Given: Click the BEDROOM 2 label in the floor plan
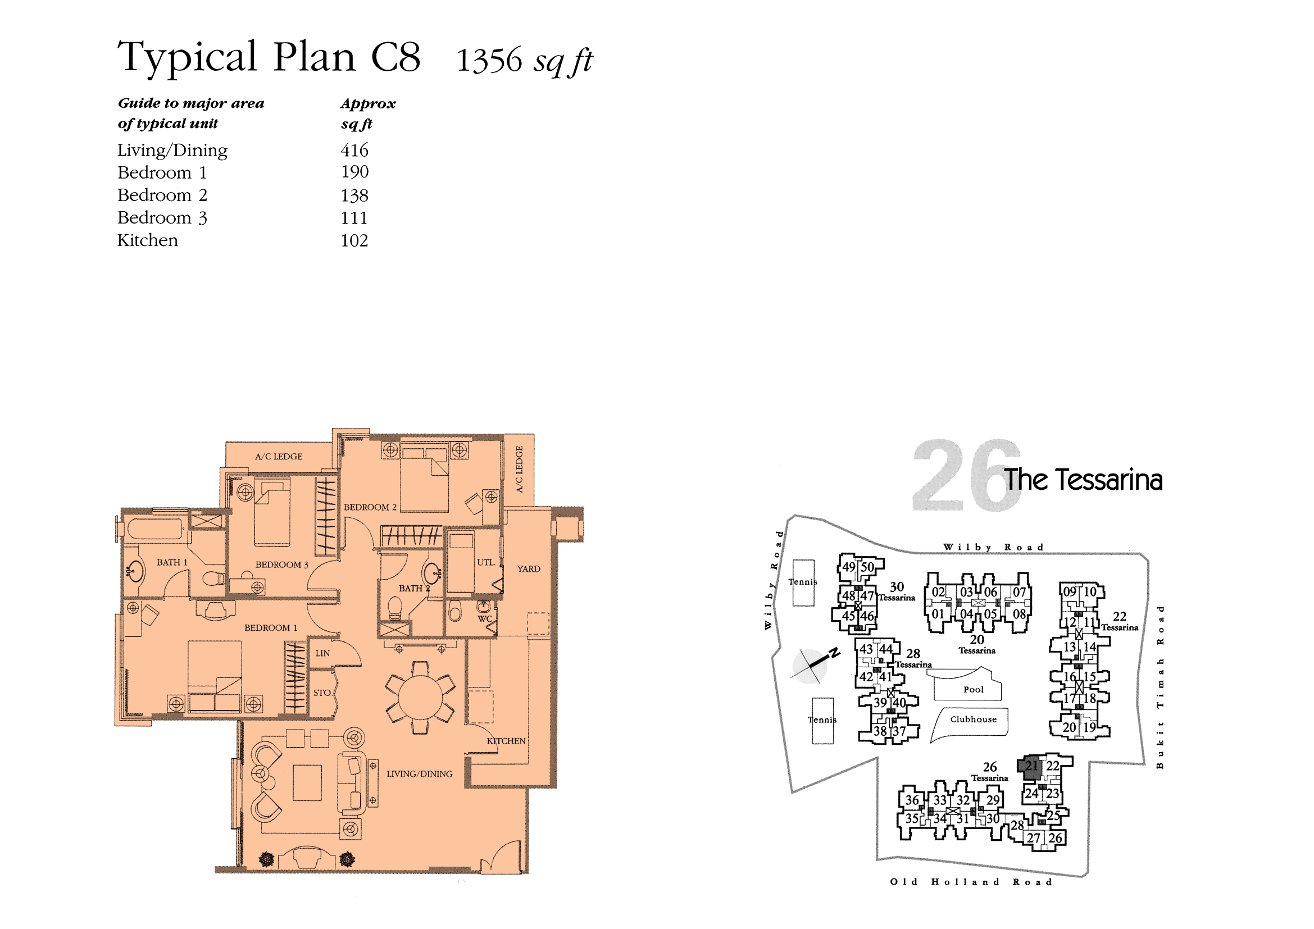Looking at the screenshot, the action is tap(370, 507).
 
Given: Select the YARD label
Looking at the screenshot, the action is tap(528, 568).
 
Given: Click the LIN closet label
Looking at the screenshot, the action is tap(322, 653).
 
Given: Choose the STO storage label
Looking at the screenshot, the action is tap(322, 693).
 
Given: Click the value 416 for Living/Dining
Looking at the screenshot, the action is tap(354, 150).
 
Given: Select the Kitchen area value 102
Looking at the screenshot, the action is tap(354, 240).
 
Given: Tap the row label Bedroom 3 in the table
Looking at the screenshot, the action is tap(162, 218).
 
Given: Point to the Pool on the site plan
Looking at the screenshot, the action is tap(973, 689).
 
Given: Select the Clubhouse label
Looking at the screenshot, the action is tap(974, 719).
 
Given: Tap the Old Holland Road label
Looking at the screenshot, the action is tap(971, 882).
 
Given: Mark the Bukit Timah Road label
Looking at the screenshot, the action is tap(1160, 687).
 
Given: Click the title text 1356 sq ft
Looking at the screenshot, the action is tap(524, 61).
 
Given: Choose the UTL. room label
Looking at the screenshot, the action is tap(486, 562).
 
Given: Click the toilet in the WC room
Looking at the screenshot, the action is tap(455, 612).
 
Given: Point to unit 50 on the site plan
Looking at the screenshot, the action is tap(867, 567).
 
